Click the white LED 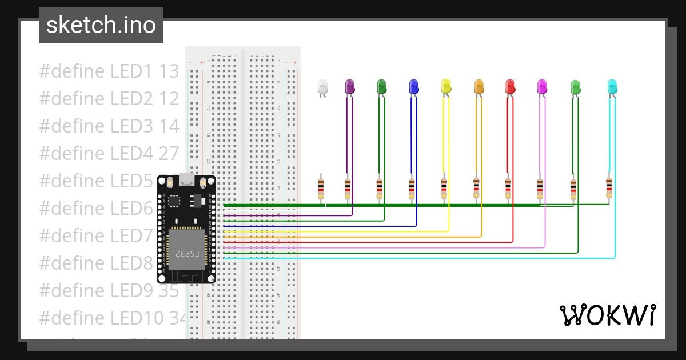coord(323,87)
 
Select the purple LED coord(350,86)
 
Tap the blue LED coord(414,86)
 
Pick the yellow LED coord(446,86)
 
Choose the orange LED coord(479,86)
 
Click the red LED coord(510,86)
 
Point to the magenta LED coord(542,86)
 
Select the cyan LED coord(612,86)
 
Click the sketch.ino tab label coord(101,25)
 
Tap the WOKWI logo coord(608,315)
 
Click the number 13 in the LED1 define coord(169,71)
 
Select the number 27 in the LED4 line coord(169,153)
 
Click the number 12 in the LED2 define coord(169,99)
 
